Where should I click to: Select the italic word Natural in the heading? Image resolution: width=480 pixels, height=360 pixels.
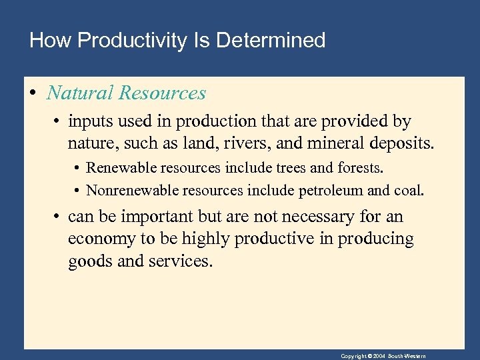pos(79,93)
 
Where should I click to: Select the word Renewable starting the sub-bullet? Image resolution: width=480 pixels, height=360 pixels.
pos(119,168)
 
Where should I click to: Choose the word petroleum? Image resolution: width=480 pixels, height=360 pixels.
pos(331,191)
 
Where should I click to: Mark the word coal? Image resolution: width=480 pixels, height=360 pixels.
pos(408,191)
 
